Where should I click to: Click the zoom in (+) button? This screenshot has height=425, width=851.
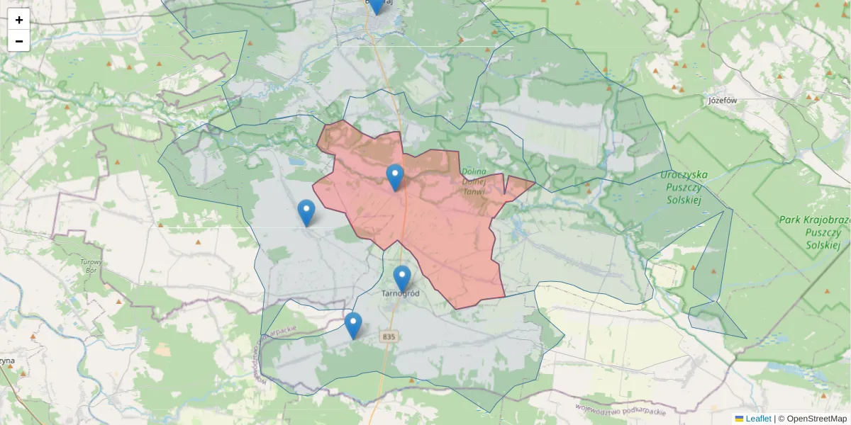(19, 20)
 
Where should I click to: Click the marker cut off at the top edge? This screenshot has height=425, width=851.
(376, 6)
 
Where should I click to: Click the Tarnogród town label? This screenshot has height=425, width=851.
(401, 293)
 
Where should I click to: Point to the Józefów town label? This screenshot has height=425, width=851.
(723, 101)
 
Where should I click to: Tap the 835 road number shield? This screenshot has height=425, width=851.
(387, 336)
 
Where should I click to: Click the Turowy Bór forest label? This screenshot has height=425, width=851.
(91, 266)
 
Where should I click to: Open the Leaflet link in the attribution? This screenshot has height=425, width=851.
(758, 419)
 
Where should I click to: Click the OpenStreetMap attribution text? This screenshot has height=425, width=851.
(812, 419)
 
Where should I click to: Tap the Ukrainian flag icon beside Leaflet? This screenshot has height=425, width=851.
(739, 419)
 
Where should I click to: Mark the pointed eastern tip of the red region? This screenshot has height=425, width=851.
(535, 181)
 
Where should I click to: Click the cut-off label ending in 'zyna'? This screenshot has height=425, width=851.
(7, 361)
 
